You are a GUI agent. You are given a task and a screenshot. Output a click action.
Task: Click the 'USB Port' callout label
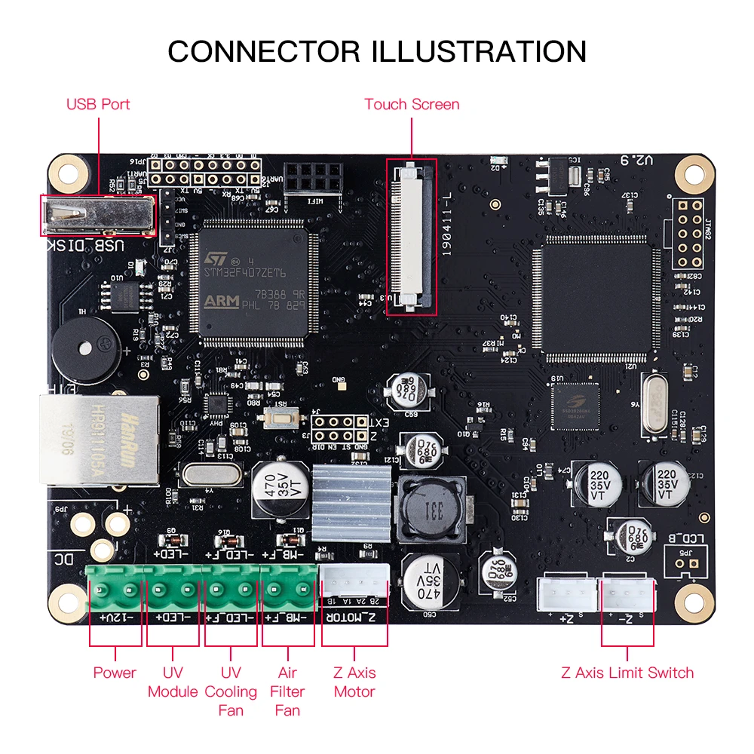98,104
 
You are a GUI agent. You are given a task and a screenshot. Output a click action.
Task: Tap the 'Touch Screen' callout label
412,104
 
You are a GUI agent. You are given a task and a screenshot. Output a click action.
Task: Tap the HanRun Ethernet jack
99,439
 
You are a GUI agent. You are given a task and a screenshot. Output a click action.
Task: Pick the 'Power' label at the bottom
115,673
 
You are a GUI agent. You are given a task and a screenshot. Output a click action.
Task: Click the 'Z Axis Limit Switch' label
627,673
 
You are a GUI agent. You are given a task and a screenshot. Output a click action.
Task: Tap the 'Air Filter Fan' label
287,691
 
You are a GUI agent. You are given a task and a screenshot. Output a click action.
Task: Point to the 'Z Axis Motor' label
354,682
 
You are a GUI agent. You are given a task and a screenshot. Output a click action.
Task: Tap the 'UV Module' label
173,682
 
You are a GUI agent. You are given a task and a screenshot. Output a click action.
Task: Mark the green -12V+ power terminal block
115,588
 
